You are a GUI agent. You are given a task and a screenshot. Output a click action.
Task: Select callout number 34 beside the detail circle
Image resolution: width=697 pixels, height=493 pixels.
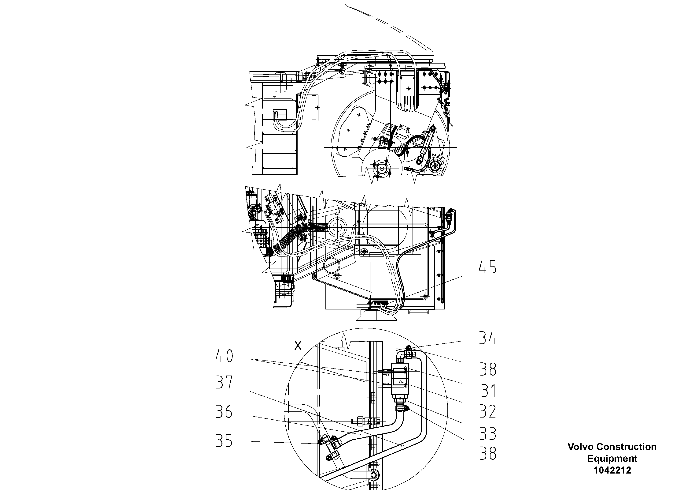click(487, 338)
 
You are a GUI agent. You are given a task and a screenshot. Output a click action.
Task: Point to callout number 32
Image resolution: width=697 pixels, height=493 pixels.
click(487, 412)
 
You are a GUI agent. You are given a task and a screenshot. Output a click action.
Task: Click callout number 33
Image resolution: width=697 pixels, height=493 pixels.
click(487, 433)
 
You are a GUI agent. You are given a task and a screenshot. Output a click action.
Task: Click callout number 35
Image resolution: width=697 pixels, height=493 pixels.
click(224, 441)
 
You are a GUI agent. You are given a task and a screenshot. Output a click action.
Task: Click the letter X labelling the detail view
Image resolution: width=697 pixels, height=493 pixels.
click(298, 346)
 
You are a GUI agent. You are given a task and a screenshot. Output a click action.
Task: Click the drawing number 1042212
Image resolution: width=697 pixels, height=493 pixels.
click(612, 470)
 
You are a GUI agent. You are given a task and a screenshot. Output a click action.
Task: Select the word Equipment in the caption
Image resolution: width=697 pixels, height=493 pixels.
click(612, 459)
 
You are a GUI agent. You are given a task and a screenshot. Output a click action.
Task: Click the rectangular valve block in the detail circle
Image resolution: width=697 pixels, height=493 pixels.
click(400, 378)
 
